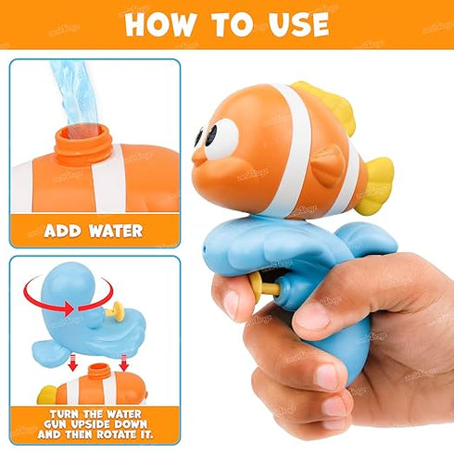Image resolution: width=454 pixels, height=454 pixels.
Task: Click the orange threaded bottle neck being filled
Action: click(x=82, y=145)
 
